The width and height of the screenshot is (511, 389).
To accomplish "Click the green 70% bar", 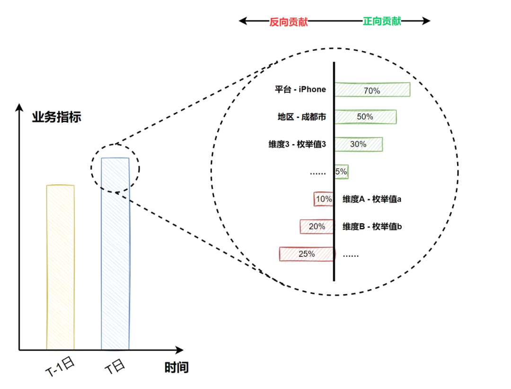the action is (x=372, y=90).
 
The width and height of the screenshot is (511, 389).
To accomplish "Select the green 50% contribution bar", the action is (x=365, y=117).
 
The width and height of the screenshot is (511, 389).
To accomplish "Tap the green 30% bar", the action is (x=359, y=144).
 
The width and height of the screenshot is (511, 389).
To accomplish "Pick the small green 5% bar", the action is (x=341, y=172).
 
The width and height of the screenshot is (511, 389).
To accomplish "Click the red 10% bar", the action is (x=324, y=199).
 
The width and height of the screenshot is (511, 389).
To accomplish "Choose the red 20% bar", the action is (x=317, y=227).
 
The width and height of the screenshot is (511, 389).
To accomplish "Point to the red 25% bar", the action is (x=307, y=254).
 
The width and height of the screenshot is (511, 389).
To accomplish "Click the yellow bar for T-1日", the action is (x=60, y=267).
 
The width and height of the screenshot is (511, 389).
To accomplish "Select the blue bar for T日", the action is (x=115, y=254).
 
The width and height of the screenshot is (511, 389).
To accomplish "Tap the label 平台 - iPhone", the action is (x=300, y=89).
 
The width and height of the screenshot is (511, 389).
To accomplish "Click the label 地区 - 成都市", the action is (x=302, y=117).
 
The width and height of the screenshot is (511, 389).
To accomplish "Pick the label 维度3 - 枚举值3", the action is (x=298, y=144).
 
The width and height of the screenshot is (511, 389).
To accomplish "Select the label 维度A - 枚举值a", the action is (x=372, y=199).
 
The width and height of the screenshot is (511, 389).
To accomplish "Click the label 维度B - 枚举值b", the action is (x=372, y=227).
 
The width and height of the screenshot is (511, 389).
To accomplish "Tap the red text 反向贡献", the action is (x=289, y=22).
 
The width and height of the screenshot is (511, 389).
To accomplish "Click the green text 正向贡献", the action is (x=382, y=21).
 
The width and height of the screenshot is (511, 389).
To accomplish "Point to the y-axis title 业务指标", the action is (x=57, y=117).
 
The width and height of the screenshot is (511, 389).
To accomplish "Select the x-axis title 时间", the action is (x=176, y=367).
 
